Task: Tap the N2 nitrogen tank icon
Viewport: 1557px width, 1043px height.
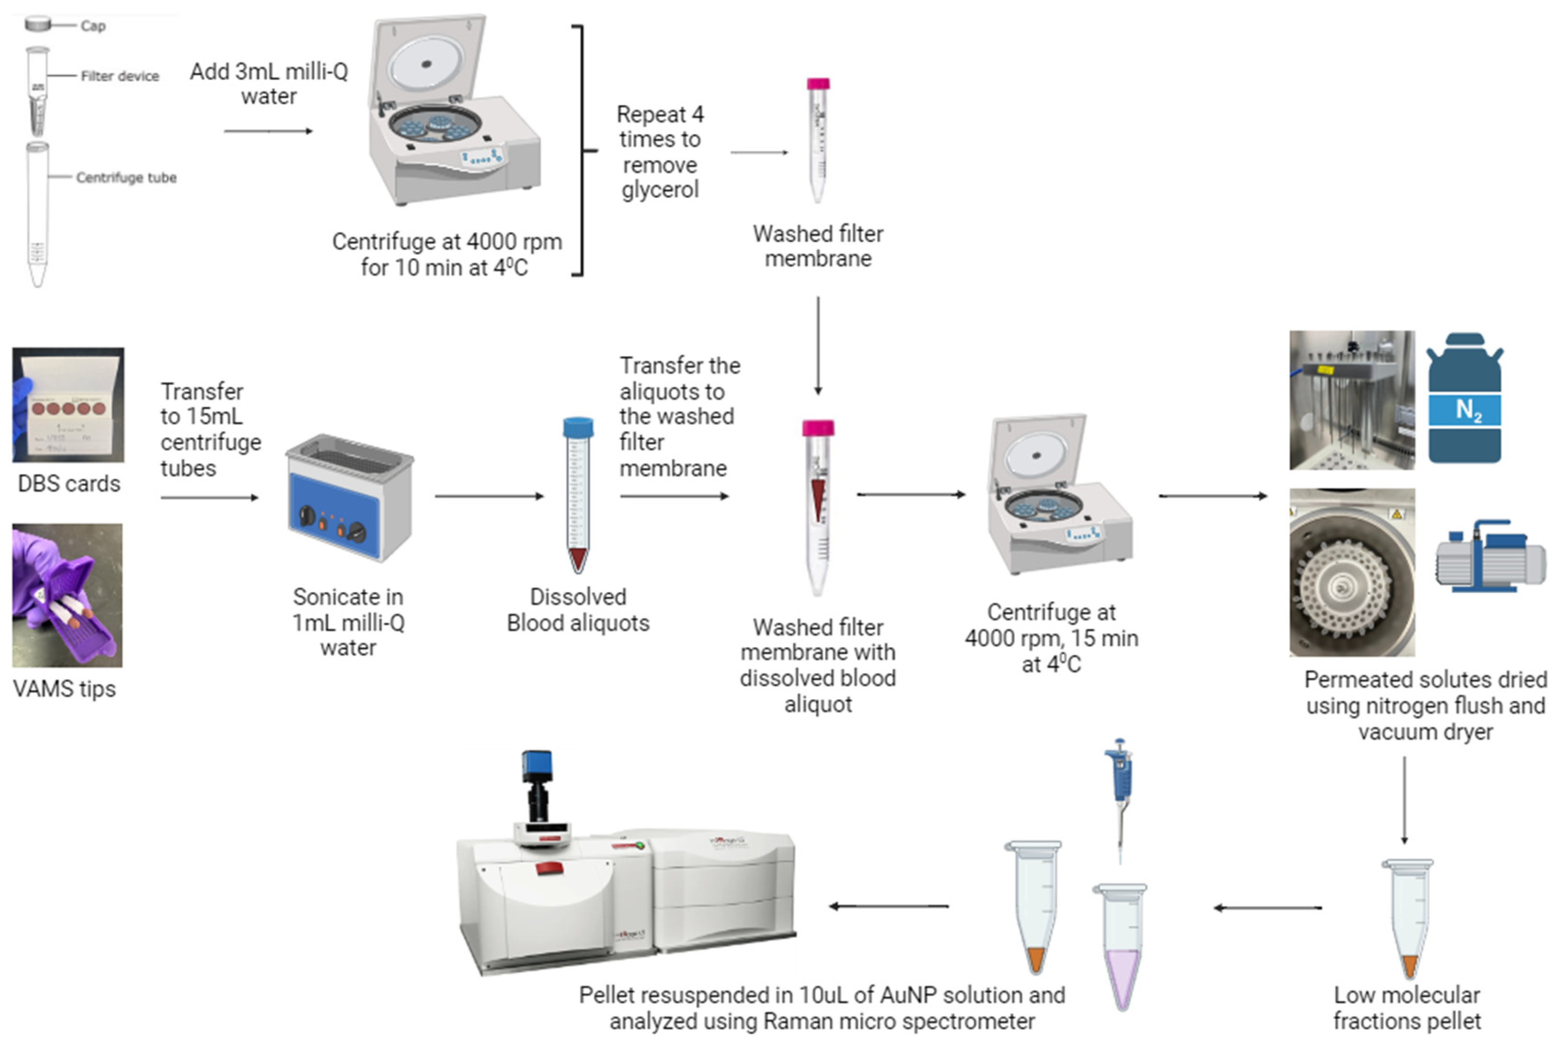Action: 1465,399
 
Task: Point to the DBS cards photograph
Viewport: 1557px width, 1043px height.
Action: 68,405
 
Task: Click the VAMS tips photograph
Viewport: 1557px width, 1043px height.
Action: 67,595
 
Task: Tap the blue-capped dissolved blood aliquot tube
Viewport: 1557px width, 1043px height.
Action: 577,495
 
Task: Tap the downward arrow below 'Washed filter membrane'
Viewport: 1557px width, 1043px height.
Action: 818,346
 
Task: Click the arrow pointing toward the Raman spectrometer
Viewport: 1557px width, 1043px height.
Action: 888,906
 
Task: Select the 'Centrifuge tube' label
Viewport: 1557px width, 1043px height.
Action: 126,177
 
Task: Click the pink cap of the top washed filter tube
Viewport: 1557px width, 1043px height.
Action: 818,84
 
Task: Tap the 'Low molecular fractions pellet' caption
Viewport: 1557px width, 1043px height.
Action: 1407,1008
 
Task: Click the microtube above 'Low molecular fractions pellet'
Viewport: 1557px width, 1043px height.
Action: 1408,918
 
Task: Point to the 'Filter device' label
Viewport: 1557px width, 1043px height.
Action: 120,77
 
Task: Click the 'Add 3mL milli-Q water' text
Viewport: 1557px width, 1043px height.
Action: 269,84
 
